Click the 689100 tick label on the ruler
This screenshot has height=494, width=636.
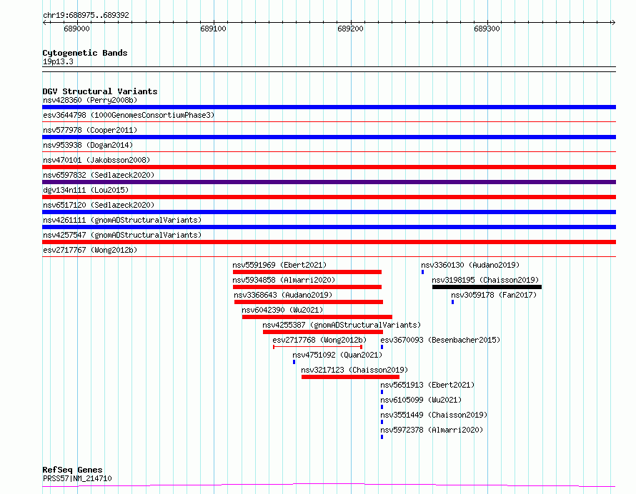click(x=214, y=29)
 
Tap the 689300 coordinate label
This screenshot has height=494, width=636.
click(x=487, y=29)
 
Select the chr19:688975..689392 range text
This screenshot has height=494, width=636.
click(x=86, y=16)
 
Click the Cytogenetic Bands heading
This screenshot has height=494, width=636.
click(x=85, y=53)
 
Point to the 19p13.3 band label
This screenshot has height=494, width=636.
click(x=58, y=61)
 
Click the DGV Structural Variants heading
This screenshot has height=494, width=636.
click(x=100, y=91)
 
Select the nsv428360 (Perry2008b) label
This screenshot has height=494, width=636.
click(x=90, y=100)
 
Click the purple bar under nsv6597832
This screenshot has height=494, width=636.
click(x=329, y=182)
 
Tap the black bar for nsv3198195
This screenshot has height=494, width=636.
click(x=487, y=287)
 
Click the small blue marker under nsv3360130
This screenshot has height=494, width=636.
click(x=422, y=272)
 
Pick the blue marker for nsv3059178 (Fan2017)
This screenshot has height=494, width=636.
click(x=452, y=302)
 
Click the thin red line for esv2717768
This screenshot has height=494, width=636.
click(x=317, y=347)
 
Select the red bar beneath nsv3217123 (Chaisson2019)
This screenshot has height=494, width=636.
click(x=350, y=377)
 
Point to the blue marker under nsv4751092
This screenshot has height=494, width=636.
click(x=294, y=362)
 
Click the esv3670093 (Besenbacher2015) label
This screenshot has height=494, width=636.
click(x=440, y=340)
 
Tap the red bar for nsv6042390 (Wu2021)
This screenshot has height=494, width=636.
click(x=317, y=317)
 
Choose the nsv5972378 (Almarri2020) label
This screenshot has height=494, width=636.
click(x=432, y=430)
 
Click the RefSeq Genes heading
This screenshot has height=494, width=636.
click(x=72, y=470)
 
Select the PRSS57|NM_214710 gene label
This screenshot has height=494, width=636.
click(x=77, y=478)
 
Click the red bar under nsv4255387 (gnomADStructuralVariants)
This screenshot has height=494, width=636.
click(x=323, y=332)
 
